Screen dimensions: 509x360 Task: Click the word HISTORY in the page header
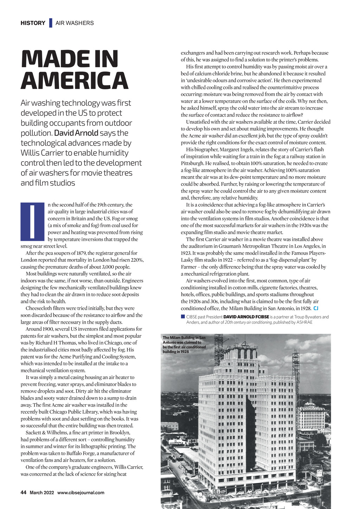click(x=33, y=23)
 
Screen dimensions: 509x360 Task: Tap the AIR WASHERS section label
click(x=75, y=23)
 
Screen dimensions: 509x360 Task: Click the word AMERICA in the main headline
click(x=74, y=80)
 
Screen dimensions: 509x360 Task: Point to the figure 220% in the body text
click(x=137, y=260)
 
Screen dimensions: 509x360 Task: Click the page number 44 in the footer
click(x=24, y=492)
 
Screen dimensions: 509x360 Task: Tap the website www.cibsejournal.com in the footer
click(x=81, y=492)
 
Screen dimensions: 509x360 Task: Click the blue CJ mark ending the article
click(x=316, y=308)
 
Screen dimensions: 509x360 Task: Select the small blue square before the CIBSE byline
click(x=183, y=317)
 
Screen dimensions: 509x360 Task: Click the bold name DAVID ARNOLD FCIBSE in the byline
click(x=246, y=317)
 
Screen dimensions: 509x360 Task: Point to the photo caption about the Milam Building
click(x=184, y=344)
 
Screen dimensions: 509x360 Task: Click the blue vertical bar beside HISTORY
click(x=51, y=23)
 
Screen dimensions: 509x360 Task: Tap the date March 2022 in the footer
click(x=42, y=492)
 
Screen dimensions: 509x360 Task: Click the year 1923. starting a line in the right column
click(x=187, y=253)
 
